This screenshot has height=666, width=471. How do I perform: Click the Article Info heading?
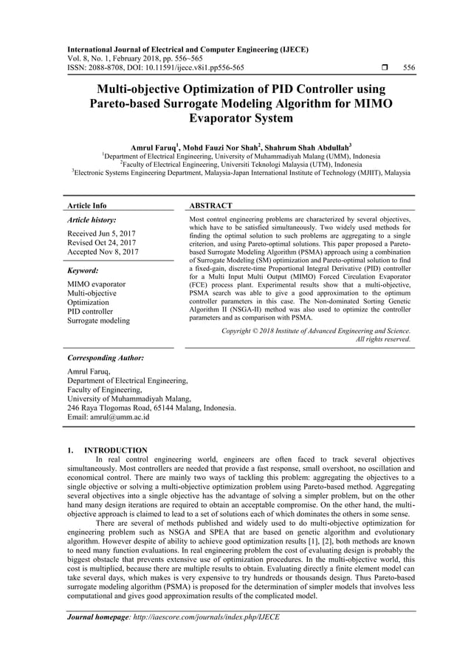pyautogui.click(x=86, y=205)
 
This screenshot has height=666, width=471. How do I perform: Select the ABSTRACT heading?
pyautogui.click(x=211, y=205)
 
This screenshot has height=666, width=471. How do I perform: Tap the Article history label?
pyautogui.click(x=92, y=220)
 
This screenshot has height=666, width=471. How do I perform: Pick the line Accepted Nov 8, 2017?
pyautogui.click(x=103, y=253)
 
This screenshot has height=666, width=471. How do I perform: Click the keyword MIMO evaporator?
pyautogui.click(x=97, y=284)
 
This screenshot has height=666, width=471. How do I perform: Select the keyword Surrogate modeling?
pyautogui.click(x=98, y=320)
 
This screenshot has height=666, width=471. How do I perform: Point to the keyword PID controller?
pyautogui.click(x=92, y=312)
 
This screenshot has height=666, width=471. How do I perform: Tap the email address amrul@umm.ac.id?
pyautogui.click(x=108, y=416)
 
